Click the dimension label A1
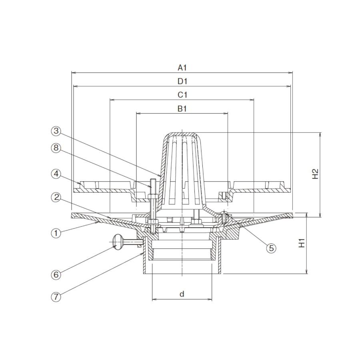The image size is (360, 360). pyautogui.click(x=182, y=68)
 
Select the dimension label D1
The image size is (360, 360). pyautogui.click(x=182, y=81)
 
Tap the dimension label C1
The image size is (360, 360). pyautogui.click(x=182, y=94)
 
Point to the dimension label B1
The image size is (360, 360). pyautogui.click(x=182, y=108)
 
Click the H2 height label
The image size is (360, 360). pyautogui.click(x=316, y=174)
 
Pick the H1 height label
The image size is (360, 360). pyautogui.click(x=302, y=243)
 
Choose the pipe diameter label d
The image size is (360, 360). pyautogui.click(x=182, y=294)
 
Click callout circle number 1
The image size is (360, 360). pyautogui.click(x=56, y=233)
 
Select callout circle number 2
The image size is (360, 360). pyautogui.click(x=56, y=197)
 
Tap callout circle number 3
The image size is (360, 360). pyautogui.click(x=56, y=131)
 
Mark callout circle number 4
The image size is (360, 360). pyautogui.click(x=56, y=174)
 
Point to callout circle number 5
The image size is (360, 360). pyautogui.click(x=271, y=248)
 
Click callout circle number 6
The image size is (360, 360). pyautogui.click(x=56, y=274)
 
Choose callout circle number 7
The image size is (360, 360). pyautogui.click(x=56, y=297)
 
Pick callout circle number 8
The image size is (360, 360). pyautogui.click(x=56, y=148)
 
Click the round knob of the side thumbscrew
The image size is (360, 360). pyautogui.click(x=118, y=242)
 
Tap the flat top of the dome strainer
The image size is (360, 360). pyautogui.click(x=182, y=134)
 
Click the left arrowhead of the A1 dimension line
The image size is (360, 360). pyautogui.click(x=74, y=73)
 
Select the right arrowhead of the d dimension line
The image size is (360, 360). pyautogui.click(x=210, y=299)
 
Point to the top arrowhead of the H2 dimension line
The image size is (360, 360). pyautogui.click(x=320, y=134)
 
